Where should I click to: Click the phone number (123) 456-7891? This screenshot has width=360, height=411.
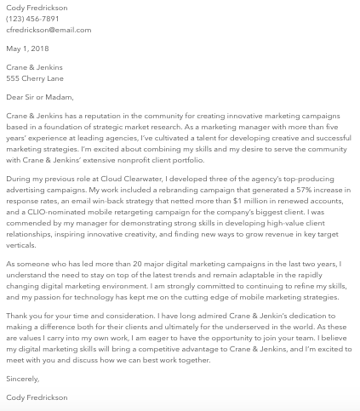click(x=32, y=19)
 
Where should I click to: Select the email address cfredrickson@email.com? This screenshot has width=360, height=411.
click(x=49, y=30)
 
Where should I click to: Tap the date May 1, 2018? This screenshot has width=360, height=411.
click(x=27, y=49)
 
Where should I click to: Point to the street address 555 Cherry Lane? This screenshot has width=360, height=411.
click(x=35, y=78)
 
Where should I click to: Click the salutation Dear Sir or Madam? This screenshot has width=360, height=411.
click(x=39, y=97)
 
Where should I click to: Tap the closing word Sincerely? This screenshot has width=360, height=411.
click(x=22, y=379)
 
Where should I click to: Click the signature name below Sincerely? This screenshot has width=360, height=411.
click(x=37, y=397)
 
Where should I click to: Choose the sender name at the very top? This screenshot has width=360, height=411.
click(x=37, y=8)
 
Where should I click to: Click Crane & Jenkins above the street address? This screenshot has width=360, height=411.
click(x=34, y=67)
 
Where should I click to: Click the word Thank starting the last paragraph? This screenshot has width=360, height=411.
click(x=17, y=316)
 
